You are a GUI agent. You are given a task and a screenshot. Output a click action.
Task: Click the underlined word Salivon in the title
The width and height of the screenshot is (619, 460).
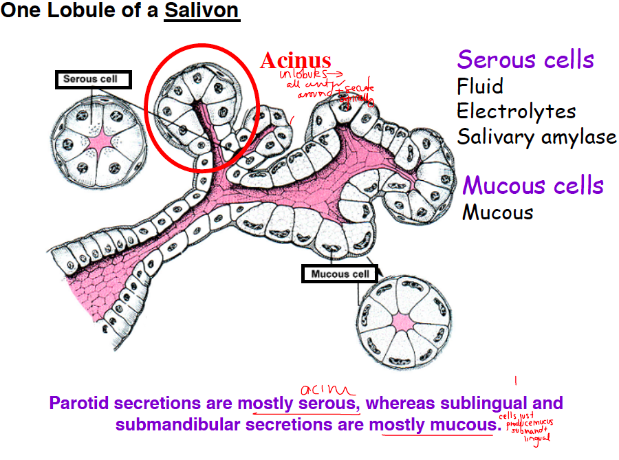202,12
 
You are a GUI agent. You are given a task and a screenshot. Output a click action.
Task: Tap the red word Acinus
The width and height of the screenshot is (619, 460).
295,61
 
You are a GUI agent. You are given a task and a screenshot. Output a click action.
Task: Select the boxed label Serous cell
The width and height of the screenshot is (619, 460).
90,79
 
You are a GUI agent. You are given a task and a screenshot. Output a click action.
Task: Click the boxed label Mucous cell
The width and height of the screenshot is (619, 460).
340,274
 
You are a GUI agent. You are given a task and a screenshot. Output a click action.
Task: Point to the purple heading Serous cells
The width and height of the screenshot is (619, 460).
525,60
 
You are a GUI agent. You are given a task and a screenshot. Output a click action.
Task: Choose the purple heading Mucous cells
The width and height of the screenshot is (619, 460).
533,186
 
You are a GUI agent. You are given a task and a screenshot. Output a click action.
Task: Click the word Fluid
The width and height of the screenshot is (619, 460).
480,87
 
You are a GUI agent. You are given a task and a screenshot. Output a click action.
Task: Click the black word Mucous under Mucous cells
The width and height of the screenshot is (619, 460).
497,212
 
